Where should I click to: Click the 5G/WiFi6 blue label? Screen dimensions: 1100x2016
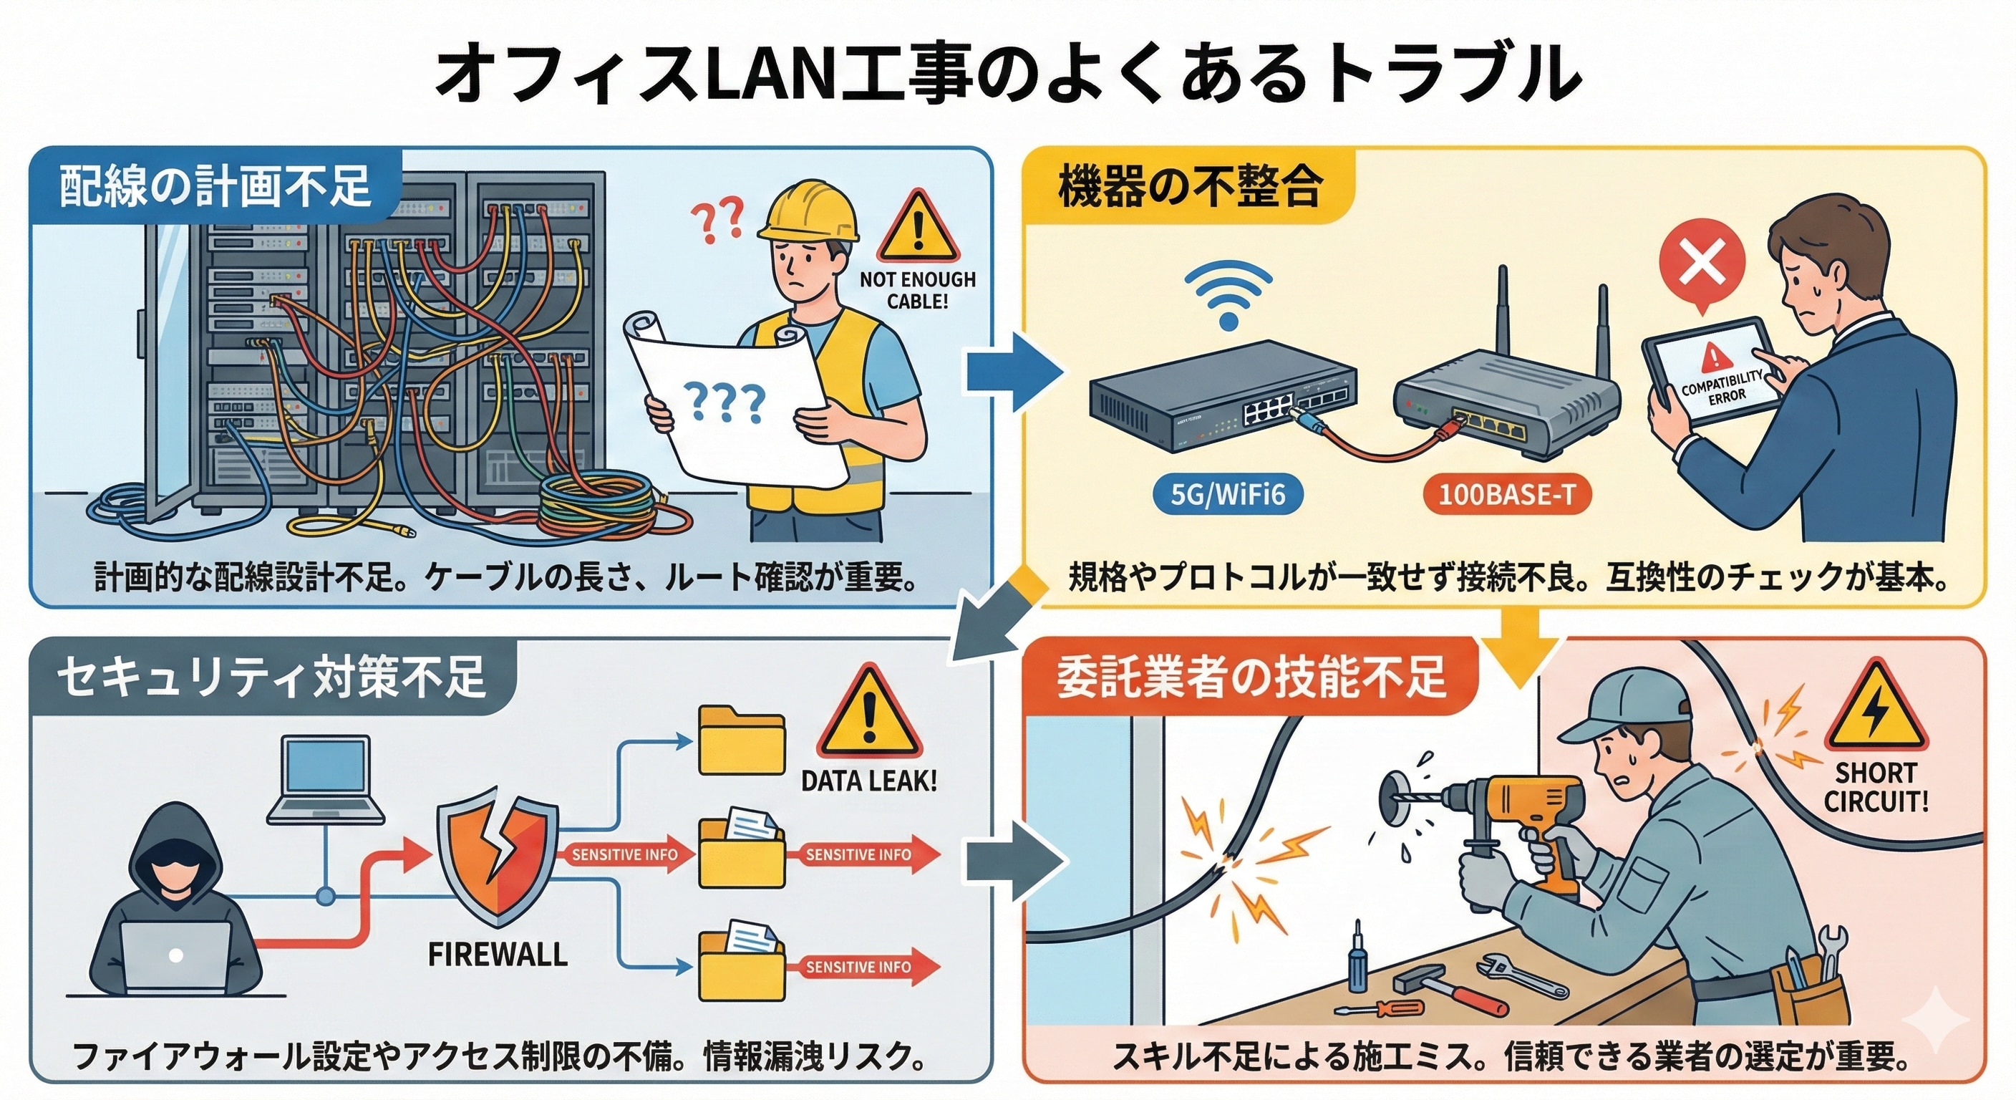1228,495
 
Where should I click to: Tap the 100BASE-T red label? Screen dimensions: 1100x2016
1506,495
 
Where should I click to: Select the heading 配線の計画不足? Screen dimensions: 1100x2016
215,188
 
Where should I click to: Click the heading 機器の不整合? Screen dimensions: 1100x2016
1190,188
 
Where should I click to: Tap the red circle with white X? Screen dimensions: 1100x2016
1702,261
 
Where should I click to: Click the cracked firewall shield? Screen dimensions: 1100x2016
498,862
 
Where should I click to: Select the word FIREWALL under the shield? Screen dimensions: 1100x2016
498,955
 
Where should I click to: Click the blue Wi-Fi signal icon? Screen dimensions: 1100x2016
1228,297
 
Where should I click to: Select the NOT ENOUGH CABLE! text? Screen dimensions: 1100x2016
917,289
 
